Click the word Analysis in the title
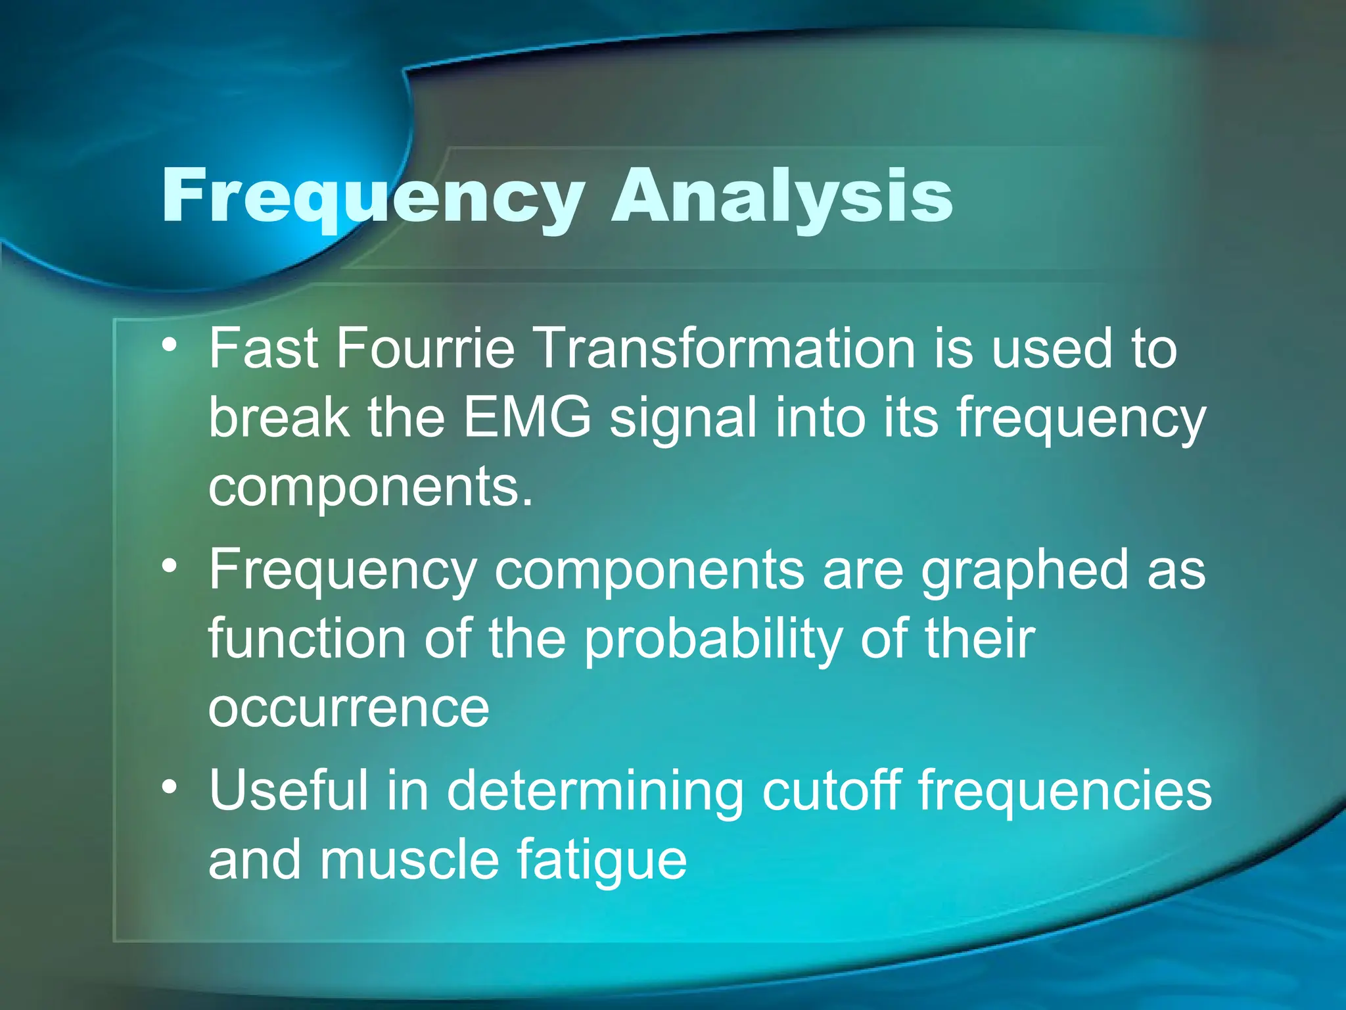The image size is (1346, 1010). (781, 196)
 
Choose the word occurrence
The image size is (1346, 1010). (349, 709)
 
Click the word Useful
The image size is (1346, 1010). (288, 790)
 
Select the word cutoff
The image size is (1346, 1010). (831, 790)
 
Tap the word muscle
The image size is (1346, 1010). (409, 860)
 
